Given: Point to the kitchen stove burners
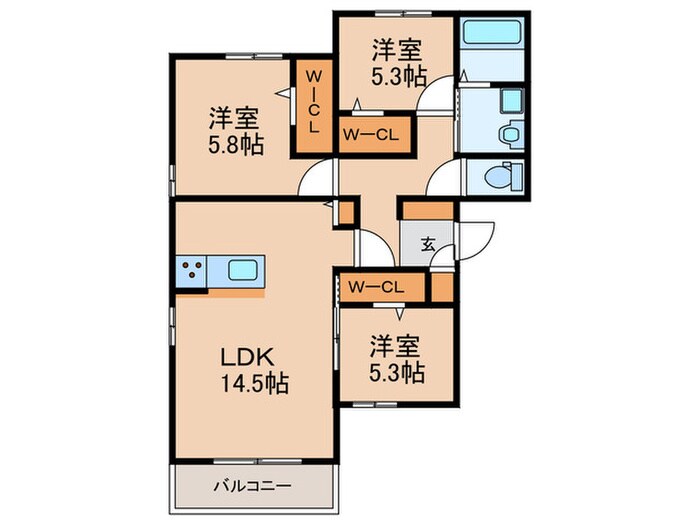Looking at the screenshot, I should point(193,269).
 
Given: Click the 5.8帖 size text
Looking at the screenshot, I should point(236,144).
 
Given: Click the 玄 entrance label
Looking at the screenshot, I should point(427,243).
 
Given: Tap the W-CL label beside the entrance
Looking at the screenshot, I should point(375,287).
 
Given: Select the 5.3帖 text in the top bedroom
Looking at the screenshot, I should point(399,74).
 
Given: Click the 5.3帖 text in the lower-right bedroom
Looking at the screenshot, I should point(397,373).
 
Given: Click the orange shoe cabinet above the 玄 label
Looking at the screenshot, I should point(427,211).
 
